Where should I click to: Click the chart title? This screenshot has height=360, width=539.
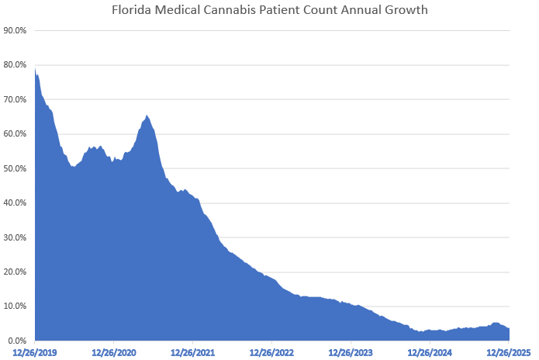click(269, 10)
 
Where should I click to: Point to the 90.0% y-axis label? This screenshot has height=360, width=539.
click(16, 31)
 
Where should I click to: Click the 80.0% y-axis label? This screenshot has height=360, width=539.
click(16, 65)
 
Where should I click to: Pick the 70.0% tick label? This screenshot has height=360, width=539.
click(16, 100)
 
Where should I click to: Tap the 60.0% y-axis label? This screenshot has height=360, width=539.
click(16, 134)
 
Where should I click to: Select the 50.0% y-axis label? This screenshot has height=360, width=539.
click(16, 168)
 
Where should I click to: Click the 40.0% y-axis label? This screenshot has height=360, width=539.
click(16, 203)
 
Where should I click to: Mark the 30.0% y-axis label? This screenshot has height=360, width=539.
click(16, 237)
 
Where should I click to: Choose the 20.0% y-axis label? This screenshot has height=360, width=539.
click(16, 272)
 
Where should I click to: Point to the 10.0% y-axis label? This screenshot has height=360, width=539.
click(16, 306)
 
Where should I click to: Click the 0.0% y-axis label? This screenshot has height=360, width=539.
click(18, 341)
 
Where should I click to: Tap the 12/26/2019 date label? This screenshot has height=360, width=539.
click(35, 352)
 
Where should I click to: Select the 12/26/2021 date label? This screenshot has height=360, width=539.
click(193, 352)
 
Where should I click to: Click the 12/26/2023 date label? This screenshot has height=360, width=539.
click(351, 352)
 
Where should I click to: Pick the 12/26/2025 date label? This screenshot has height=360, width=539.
click(508, 352)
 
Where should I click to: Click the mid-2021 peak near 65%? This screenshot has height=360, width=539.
click(147, 116)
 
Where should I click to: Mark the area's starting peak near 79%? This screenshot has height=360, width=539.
click(36, 70)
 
